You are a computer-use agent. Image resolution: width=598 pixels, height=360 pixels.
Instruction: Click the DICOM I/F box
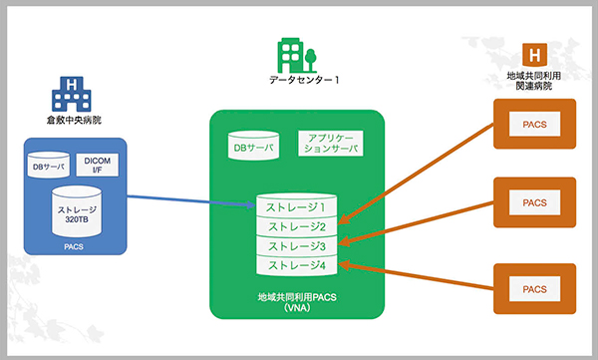click(x=98, y=165)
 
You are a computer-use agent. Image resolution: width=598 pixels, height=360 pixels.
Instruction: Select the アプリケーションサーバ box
click(x=329, y=143)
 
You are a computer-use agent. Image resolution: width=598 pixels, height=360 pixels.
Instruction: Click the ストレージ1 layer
click(x=297, y=208)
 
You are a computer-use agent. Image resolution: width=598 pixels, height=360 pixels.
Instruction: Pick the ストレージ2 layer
click(x=297, y=227)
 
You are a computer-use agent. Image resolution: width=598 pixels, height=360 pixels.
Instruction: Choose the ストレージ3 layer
click(x=297, y=246)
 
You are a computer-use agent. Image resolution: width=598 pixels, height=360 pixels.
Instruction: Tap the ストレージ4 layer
click(x=297, y=265)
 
